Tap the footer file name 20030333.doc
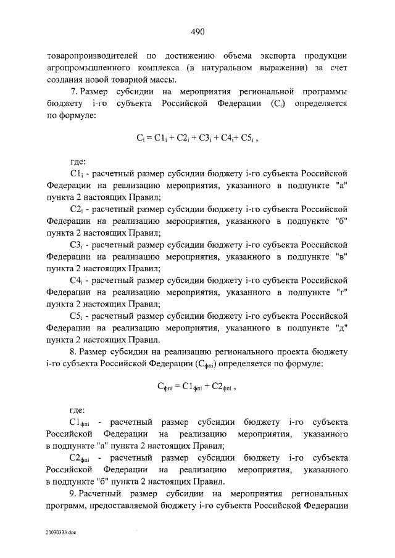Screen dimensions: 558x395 tap(60, 531)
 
